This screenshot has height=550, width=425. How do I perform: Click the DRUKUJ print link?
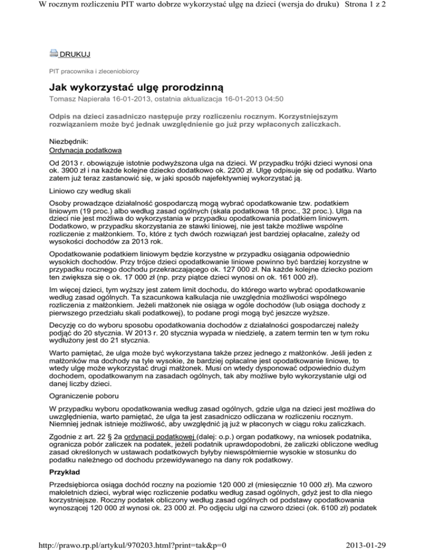(x=75, y=54)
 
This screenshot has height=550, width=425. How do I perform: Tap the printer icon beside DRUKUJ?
(x=53, y=53)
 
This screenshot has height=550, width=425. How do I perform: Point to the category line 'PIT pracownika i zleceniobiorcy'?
(x=92, y=71)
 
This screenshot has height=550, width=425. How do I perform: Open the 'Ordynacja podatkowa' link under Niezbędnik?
(x=88, y=151)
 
